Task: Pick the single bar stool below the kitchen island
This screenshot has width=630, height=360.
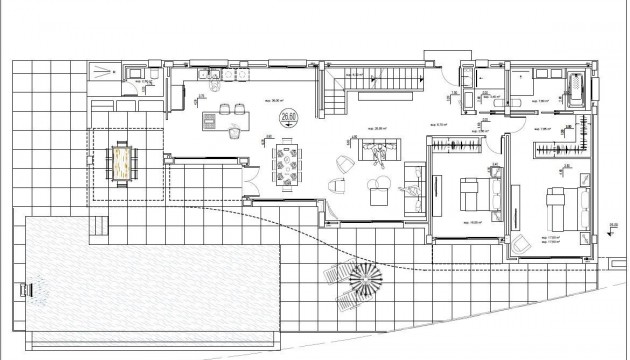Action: click(232, 130)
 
